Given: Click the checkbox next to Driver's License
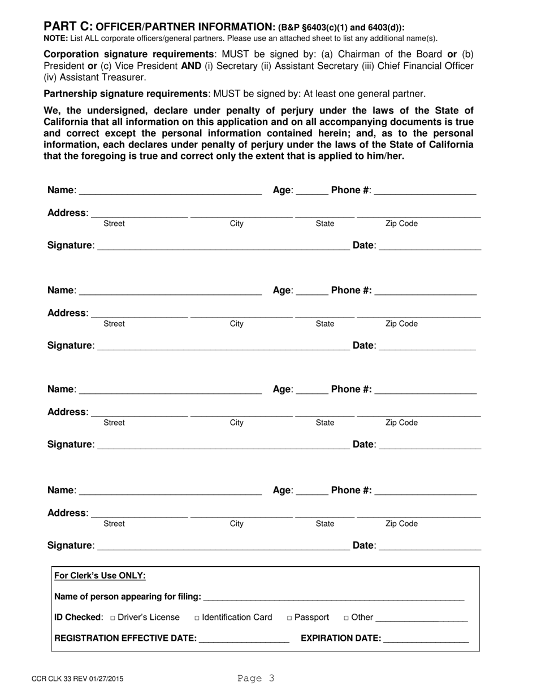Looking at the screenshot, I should coord(113,618).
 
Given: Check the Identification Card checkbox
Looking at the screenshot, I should coord(197,618).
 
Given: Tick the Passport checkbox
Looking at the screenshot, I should coord(289,618).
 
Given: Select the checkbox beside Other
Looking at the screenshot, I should coord(346,618).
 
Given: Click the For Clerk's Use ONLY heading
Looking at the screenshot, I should coord(99,576).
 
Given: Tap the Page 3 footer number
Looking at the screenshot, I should coord(255,678).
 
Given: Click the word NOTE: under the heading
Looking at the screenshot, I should coord(55,38).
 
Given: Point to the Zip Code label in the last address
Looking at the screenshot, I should coord(401,524).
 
